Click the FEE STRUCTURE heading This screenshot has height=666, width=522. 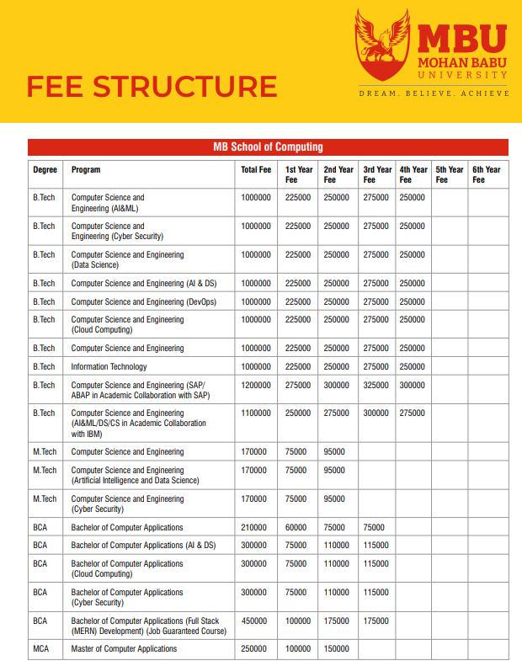point(152,87)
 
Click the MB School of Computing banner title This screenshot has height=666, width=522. point(268,147)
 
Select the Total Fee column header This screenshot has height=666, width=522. point(256,169)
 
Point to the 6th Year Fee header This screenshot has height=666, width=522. point(486,174)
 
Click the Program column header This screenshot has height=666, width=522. point(86,169)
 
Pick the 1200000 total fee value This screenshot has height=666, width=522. point(256,385)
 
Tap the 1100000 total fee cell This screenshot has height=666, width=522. point(256,413)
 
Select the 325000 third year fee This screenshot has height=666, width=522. point(376,385)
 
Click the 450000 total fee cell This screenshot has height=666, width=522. point(253,621)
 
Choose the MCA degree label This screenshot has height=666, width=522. point(42,649)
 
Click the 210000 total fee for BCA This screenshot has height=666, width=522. point(253,527)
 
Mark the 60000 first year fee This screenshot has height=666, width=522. point(296,527)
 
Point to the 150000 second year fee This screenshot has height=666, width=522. point(336,649)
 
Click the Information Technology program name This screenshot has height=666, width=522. point(109,366)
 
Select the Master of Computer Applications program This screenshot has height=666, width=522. point(124,649)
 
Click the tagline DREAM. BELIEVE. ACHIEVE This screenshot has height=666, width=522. point(434,93)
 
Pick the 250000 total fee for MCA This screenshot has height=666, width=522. point(253,649)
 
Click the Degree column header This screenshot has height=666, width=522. point(45,169)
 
